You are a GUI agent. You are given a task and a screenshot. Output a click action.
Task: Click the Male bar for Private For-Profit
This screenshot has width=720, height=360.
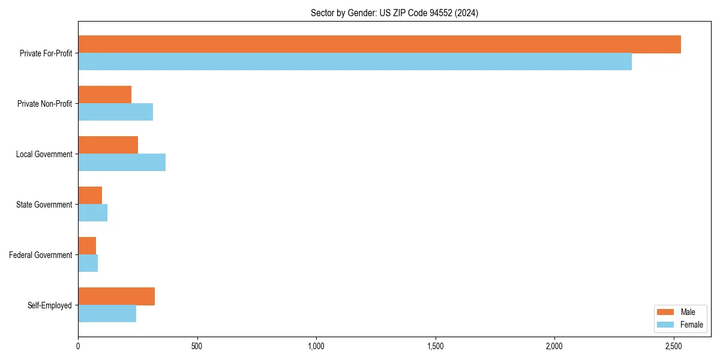[379, 44]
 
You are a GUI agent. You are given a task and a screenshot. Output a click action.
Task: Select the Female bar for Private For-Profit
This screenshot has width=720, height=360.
[355, 62]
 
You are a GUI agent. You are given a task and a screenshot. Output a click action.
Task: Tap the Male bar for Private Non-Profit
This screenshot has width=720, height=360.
[104, 95]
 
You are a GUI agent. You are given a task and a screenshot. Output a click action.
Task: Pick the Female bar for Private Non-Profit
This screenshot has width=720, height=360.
[115, 112]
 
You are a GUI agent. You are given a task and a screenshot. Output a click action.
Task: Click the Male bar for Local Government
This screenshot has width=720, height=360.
[108, 145]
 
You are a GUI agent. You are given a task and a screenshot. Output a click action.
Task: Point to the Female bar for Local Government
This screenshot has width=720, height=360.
[122, 163]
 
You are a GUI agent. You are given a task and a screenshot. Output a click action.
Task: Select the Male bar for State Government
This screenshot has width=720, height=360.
[90, 196]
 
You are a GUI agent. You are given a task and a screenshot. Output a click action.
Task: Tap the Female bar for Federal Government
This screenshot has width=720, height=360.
[88, 263]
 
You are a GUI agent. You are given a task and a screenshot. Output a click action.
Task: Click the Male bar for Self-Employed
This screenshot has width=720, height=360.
[116, 296]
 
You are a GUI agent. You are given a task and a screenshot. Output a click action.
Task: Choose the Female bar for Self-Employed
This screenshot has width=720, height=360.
[107, 314]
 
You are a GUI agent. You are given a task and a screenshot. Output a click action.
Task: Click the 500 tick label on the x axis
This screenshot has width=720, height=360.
[197, 346]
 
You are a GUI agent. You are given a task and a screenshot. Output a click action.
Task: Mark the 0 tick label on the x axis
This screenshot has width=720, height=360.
[78, 346]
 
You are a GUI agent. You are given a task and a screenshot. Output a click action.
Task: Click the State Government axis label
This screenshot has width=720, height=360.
[44, 205]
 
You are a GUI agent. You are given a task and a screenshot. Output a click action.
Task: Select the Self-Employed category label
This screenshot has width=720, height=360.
[50, 305]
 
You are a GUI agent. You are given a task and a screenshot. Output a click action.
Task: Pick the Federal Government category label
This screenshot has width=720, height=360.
[41, 255]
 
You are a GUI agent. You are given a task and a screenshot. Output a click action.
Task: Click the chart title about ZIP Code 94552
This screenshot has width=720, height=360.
[394, 13]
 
